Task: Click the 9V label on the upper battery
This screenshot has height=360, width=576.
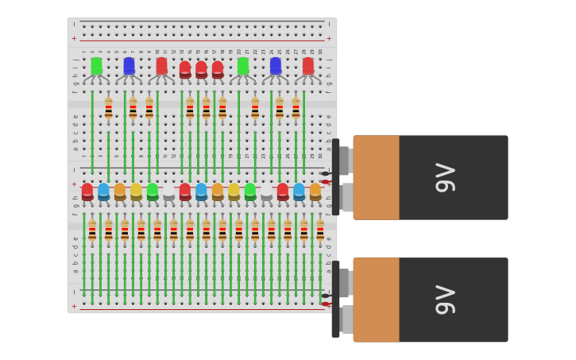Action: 446,177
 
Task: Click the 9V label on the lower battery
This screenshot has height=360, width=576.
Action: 446,300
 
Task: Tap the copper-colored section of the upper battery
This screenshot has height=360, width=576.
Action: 377,177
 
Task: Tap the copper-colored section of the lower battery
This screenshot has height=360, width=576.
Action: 377,300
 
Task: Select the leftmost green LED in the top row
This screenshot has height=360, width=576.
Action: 96,66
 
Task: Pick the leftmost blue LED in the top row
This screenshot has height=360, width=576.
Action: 129,66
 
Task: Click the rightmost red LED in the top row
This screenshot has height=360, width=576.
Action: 308,66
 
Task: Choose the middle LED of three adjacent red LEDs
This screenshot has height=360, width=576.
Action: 201,70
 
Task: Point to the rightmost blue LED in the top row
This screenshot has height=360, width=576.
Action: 276,66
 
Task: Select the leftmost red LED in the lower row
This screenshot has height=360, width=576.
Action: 87,192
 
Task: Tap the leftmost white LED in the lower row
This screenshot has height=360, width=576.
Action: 168,192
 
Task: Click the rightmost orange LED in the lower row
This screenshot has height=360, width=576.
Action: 315,192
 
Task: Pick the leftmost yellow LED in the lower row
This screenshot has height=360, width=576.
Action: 136,192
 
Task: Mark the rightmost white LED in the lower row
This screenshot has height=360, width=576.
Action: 266,192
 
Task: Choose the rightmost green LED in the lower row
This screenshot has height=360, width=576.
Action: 250,192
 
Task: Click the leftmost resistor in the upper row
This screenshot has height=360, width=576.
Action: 108,108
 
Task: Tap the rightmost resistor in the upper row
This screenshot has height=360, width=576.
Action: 296,108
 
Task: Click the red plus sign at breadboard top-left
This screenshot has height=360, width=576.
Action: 75,38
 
